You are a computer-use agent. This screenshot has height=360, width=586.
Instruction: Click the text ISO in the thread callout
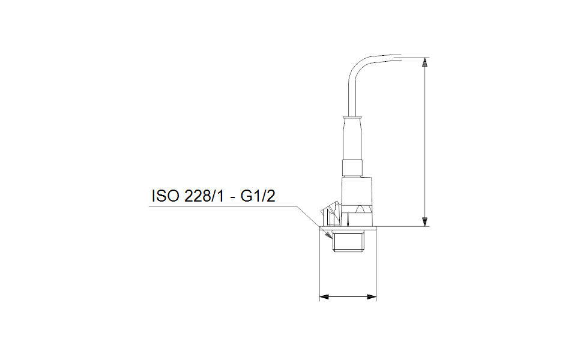point(163,197)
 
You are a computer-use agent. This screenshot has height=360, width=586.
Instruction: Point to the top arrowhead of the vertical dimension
point(424,62)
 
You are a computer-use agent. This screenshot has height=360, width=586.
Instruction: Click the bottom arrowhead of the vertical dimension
point(424,222)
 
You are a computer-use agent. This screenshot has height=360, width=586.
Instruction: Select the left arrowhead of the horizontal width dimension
point(322,296)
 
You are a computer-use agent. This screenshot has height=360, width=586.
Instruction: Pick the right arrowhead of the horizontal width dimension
point(372,296)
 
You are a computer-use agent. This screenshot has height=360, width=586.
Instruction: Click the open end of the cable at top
point(399,58)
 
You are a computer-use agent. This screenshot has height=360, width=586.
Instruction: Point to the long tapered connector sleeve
point(352,138)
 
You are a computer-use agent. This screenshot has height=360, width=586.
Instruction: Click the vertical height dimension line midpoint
point(424,142)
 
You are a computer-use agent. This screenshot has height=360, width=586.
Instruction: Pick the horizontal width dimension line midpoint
point(347,296)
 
